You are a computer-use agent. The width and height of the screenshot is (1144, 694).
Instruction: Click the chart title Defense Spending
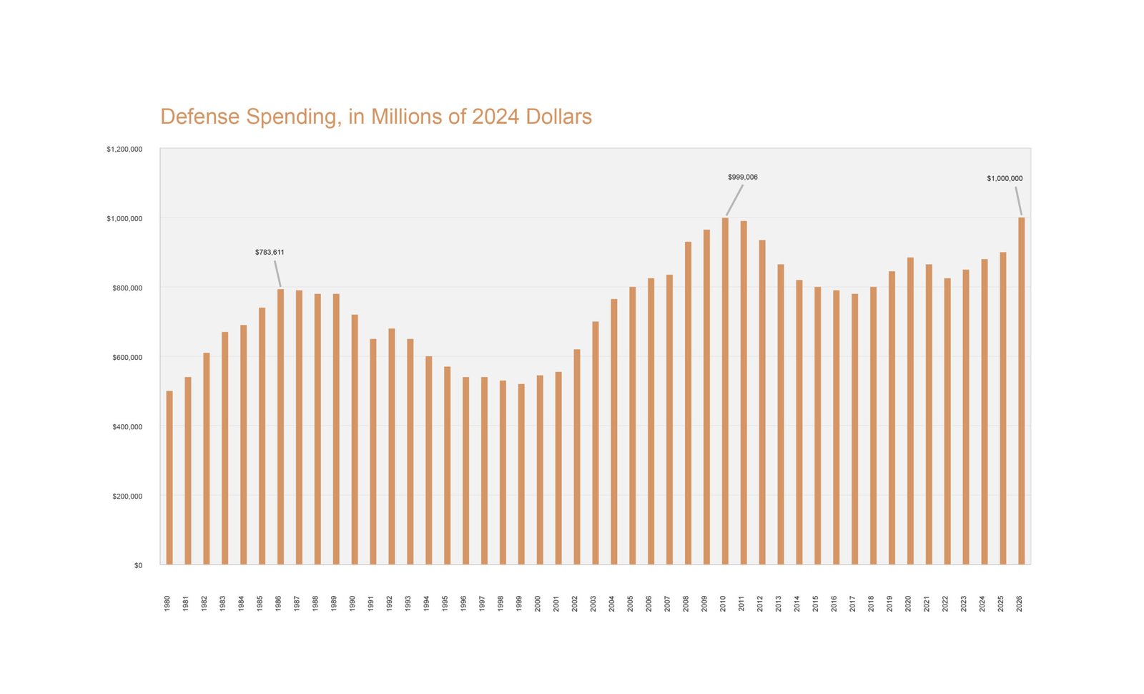375,117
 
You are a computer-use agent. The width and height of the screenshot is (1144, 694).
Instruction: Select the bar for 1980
169,477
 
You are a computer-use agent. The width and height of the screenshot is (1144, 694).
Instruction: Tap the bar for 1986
280,426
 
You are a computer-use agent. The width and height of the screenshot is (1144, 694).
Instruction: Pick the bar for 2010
725,391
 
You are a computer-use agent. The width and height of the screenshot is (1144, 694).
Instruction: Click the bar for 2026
1021,391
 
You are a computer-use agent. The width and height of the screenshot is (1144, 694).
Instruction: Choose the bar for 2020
910,411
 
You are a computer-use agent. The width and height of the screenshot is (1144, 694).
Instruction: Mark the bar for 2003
596,443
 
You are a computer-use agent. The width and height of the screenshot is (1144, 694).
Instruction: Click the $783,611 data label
270,253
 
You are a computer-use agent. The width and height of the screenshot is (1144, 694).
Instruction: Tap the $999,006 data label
743,177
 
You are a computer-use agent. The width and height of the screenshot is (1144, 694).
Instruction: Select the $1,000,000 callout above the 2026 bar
1005,179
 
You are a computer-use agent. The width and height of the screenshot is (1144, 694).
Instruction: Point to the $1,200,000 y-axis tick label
124,150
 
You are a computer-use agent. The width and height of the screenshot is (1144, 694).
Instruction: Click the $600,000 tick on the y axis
127,358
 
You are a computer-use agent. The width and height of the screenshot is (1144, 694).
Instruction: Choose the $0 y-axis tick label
138,566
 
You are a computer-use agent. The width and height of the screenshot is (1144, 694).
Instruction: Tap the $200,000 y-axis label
127,497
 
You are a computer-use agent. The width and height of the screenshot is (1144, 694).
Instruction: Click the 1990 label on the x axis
352,603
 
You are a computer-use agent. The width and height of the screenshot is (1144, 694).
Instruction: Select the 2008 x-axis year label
686,603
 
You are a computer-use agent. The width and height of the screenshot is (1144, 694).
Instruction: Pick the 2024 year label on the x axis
982,603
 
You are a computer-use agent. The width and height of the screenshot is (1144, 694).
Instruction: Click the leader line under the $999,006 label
735,200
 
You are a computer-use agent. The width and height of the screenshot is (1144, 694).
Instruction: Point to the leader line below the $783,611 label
277,273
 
